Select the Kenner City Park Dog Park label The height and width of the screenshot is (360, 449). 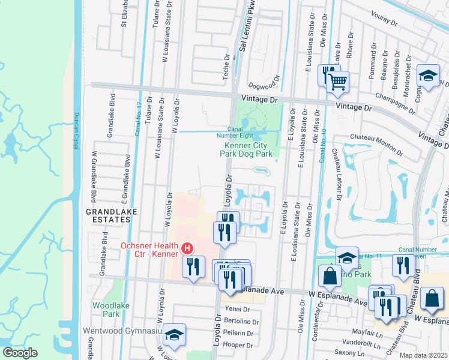pos(249,149)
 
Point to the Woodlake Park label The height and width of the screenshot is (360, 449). pos(106,310)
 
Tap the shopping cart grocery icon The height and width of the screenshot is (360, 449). pos(339,82)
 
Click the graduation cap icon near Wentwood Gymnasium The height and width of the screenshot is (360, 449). pos(175,335)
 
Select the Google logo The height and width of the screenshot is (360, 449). pos(20,352)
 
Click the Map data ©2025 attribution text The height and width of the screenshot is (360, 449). pos(424,355)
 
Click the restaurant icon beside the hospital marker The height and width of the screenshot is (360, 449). pos(193,268)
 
